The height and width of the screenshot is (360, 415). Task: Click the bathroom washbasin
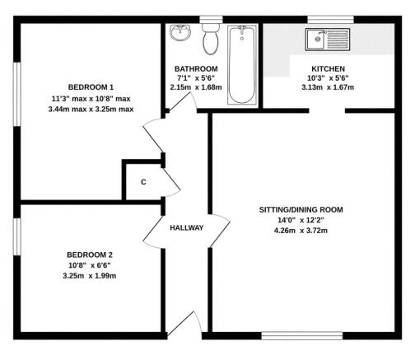click(180, 33)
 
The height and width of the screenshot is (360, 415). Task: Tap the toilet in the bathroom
click(211, 39)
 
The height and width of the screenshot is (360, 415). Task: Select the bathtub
click(242, 65)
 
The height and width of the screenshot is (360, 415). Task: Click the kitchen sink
click(328, 40)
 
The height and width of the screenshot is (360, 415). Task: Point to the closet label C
click(143, 182)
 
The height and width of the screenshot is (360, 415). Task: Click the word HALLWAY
click(187, 227)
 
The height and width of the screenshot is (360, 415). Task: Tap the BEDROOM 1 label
click(91, 87)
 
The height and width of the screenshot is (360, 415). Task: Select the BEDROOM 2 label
click(90, 255)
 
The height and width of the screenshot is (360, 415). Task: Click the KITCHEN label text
click(328, 68)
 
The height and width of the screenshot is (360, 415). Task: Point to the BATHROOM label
click(196, 68)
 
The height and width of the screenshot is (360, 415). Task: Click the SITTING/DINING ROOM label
click(301, 210)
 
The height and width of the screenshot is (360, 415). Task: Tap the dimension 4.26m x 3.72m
click(301, 231)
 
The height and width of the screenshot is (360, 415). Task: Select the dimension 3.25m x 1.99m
click(90, 276)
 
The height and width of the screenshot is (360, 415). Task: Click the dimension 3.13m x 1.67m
click(328, 87)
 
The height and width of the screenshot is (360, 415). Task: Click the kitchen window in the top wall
click(330, 20)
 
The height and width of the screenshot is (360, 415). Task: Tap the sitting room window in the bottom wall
click(302, 335)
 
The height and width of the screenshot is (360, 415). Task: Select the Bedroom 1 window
click(17, 94)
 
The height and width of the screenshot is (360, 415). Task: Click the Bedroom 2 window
click(17, 236)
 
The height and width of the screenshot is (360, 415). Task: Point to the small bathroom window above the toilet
click(211, 20)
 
